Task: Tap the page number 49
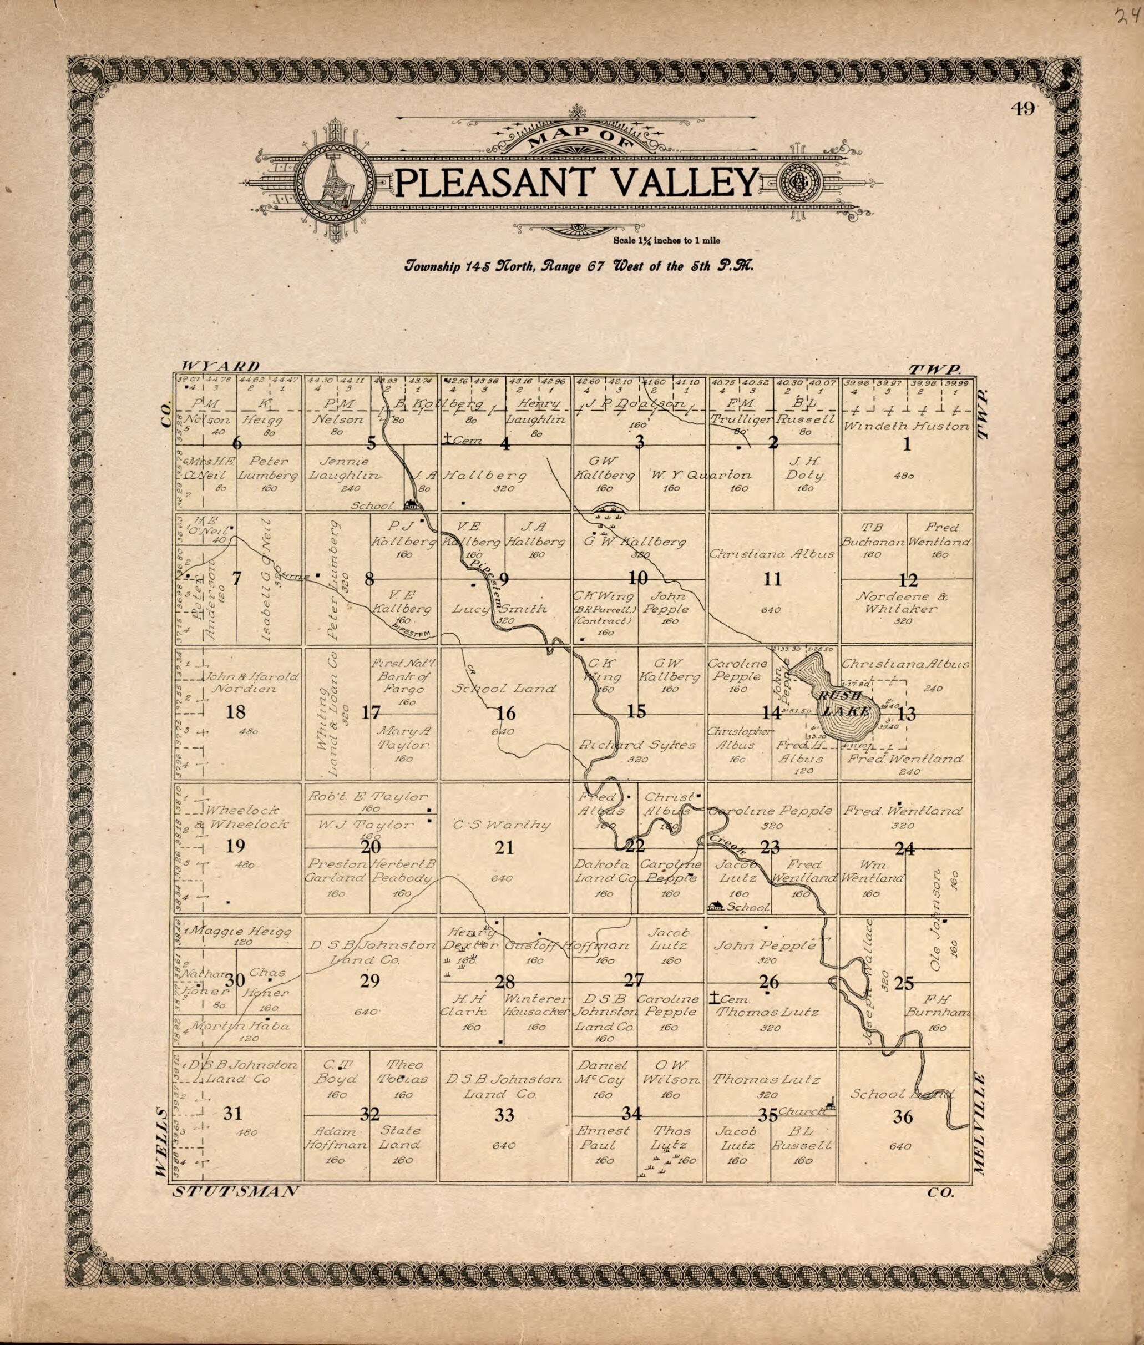pyautogui.click(x=1022, y=109)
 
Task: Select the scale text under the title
pyautogui.click(x=665, y=241)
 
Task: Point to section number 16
pyautogui.click(x=505, y=714)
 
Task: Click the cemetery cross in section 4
pyautogui.click(x=448, y=439)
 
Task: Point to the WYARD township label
pyautogui.click(x=220, y=366)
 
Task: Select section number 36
pyautogui.click(x=903, y=1117)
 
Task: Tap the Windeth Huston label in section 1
pyautogui.click(x=906, y=427)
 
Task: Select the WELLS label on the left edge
pyautogui.click(x=162, y=1141)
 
